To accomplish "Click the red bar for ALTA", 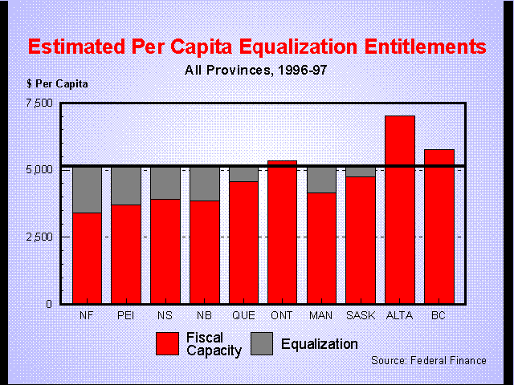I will pos(399,210).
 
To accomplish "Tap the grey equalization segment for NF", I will pos(87,190).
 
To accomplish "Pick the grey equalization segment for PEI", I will pos(125,186).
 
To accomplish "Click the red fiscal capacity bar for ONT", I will pos(282,233).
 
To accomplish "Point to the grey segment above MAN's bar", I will pos(321,180).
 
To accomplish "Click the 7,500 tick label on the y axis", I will pos(38,103).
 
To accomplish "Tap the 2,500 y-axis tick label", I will pos(38,237).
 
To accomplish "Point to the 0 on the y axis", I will pos(49,304).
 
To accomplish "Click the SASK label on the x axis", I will pos(361,315).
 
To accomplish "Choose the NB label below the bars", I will pos(204,315).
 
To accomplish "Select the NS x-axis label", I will pos(165,315).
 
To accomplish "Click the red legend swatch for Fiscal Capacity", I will pos(168,344).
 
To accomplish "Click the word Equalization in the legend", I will pos(320,344).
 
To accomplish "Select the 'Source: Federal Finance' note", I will pos(428,360).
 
